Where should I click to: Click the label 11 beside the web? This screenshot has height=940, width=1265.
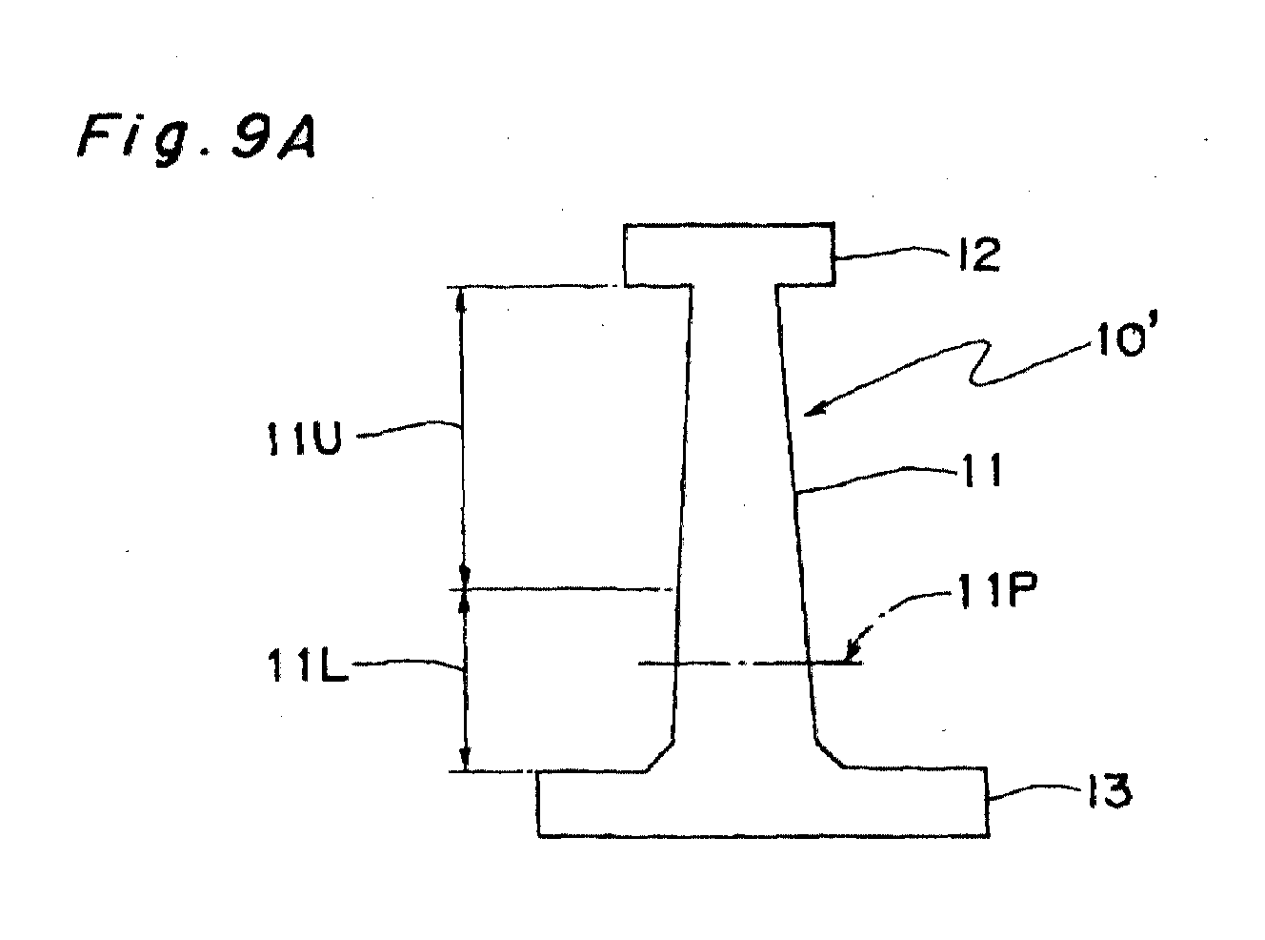(982, 470)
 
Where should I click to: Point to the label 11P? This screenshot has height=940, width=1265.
(995, 591)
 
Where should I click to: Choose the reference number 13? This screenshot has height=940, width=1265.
(1110, 791)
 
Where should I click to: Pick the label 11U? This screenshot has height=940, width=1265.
(304, 439)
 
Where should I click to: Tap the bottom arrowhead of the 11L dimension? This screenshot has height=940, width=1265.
(466, 759)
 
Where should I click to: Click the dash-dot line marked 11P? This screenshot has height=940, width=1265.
(750, 663)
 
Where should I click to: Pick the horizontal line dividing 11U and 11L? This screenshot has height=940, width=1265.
(562, 588)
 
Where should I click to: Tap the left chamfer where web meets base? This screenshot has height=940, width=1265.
(660, 756)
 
